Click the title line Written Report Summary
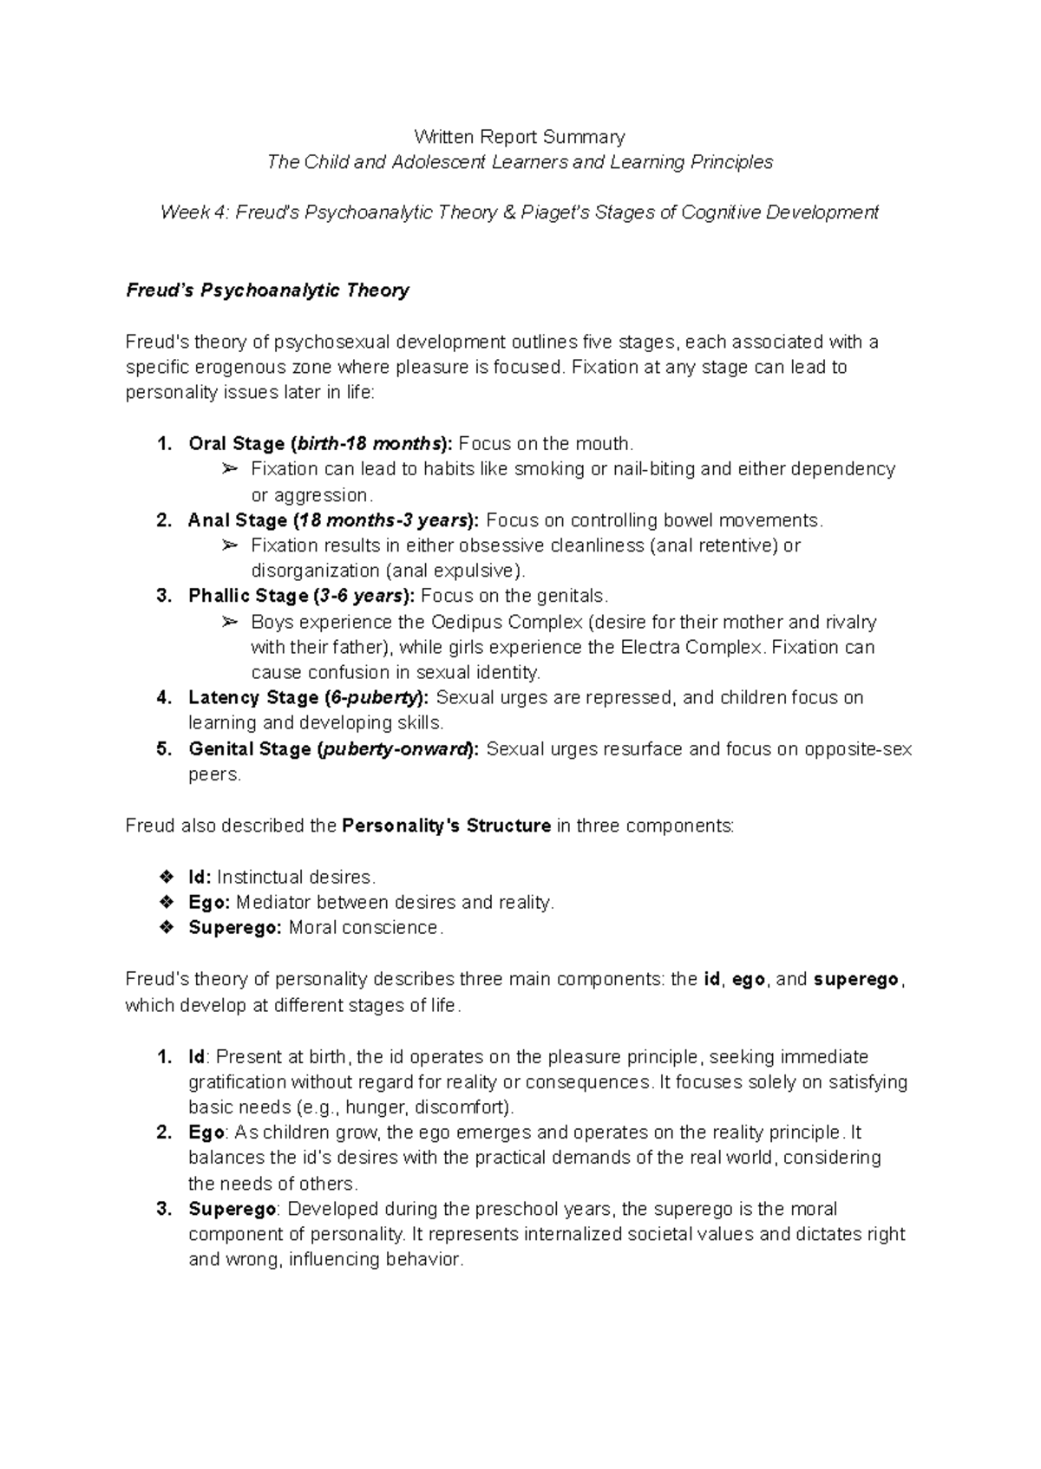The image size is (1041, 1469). [519, 137]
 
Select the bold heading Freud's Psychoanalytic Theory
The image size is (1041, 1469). [267, 291]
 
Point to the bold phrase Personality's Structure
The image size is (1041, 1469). [447, 826]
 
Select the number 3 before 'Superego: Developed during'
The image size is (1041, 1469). [163, 1209]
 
